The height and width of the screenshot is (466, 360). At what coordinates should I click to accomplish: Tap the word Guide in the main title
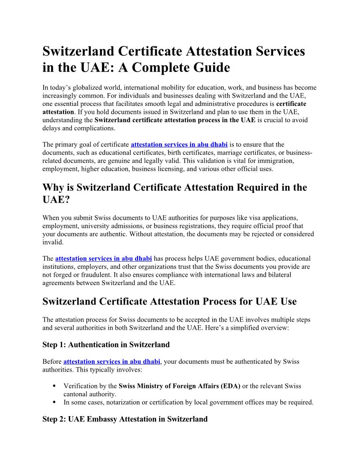(212, 68)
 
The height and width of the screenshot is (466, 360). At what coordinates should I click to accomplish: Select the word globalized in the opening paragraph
(87, 88)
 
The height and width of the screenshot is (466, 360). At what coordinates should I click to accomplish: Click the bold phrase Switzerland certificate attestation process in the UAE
(175, 120)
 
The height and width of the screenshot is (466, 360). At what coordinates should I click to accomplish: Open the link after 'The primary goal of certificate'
(179, 144)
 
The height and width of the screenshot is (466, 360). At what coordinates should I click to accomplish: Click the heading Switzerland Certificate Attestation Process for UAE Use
(169, 301)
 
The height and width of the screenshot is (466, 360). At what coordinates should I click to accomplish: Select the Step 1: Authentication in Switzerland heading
(106, 344)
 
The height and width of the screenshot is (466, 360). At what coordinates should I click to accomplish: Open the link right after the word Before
(112, 361)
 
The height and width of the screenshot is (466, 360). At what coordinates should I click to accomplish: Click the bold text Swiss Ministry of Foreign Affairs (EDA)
(180, 386)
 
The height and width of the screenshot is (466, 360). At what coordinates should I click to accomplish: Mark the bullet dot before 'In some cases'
(54, 402)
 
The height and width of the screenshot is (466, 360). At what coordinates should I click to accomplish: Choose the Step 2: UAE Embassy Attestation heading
(125, 419)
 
